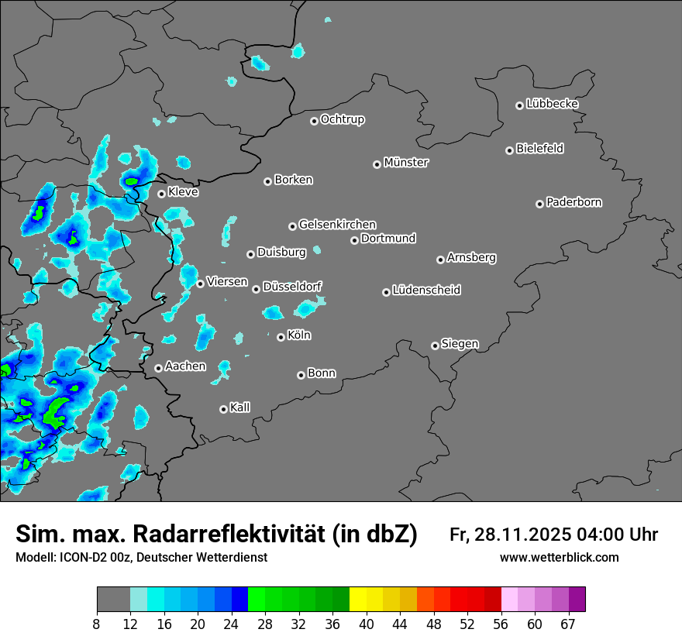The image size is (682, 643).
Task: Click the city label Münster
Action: pyautogui.click(x=406, y=163)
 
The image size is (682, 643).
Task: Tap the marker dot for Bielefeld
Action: pyautogui.click(x=510, y=150)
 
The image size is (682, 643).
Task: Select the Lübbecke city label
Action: pyautogui.click(x=552, y=104)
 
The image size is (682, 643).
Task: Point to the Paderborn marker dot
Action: pyautogui.click(x=540, y=204)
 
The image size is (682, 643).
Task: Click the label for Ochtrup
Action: pyautogui.click(x=343, y=119)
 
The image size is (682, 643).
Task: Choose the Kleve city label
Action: pyautogui.click(x=183, y=192)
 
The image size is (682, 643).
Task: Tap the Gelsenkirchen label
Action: pyautogui.click(x=337, y=225)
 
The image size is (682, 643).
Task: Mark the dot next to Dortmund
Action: pyautogui.click(x=355, y=240)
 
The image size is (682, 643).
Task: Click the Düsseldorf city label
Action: pyautogui.click(x=292, y=287)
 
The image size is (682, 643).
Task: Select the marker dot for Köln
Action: pyautogui.click(x=281, y=337)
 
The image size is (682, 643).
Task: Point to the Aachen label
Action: pyautogui.click(x=185, y=366)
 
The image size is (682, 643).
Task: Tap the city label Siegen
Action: pyautogui.click(x=460, y=344)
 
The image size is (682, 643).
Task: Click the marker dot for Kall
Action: pyautogui.click(x=224, y=409)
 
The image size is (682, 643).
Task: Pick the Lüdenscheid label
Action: pyautogui.click(x=426, y=291)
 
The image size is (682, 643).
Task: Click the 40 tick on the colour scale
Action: pyautogui.click(x=367, y=624)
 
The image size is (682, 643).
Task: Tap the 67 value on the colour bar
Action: pyautogui.click(x=567, y=624)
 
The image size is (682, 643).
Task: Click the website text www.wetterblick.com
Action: pyautogui.click(x=559, y=558)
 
